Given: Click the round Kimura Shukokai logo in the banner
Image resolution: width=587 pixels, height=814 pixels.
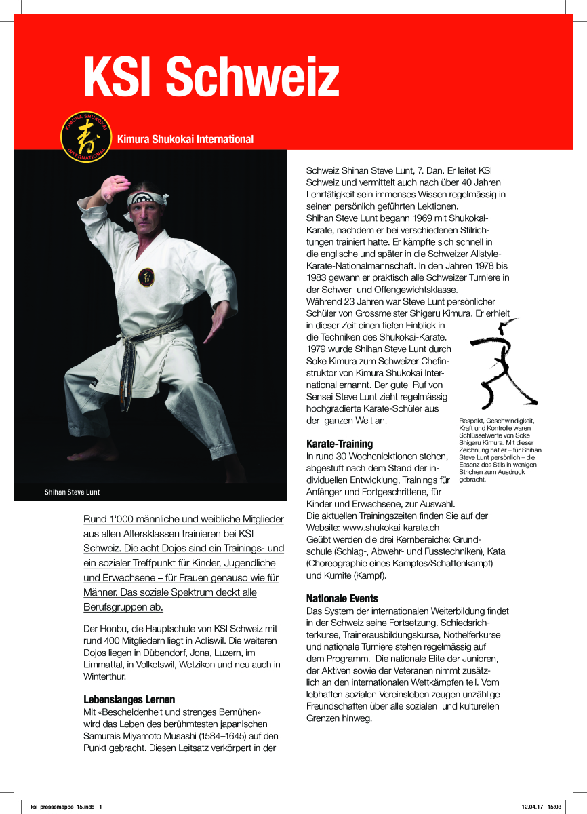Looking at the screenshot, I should coord(85,138).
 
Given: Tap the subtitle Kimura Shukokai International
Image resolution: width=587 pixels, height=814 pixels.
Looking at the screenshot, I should coord(185,140).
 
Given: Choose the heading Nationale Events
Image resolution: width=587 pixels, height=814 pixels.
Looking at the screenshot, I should coord(342,599).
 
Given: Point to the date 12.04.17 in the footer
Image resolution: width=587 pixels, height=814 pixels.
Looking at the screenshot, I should coord(531,807).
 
